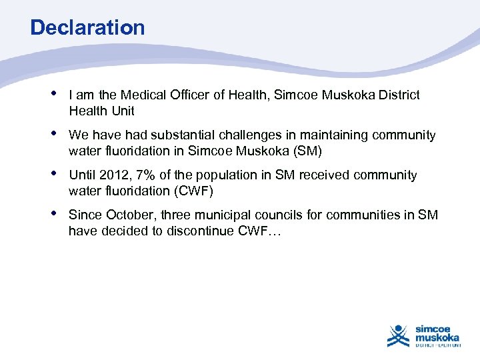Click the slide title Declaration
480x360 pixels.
[x=87, y=28]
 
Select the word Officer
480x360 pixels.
[x=189, y=95]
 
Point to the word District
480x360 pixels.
[x=397, y=95]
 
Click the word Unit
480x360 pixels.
[x=123, y=111]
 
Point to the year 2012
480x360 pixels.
[x=111, y=175]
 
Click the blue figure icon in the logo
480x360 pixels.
[x=399, y=335]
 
